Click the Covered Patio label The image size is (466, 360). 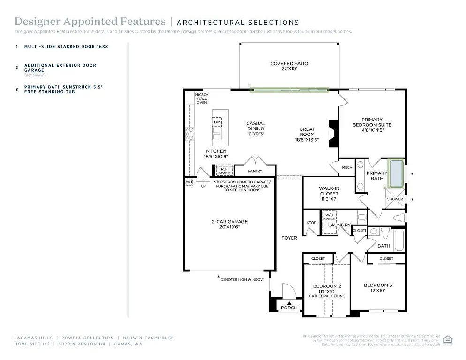pos(289,66)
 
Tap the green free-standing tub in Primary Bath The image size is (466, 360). pos(396,172)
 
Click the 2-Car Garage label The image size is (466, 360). pos(229,225)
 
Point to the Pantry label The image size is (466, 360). pos(255,171)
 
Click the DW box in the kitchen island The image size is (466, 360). pos(217,122)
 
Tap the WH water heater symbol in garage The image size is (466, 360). pos(188,182)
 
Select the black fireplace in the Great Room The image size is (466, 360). pos(333,134)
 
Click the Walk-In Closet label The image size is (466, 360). pos(329,193)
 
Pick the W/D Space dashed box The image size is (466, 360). pos(330,222)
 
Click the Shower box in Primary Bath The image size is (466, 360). pos(395,199)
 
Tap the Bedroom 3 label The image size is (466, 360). pos(378,287)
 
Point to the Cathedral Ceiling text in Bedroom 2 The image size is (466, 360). pos(327,296)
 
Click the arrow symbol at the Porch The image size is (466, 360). pos(289,302)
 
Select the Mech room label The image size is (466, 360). pos(347,167)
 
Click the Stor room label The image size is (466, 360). pos(312,223)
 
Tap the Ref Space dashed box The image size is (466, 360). pos(224,171)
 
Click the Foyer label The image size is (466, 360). pos(289,238)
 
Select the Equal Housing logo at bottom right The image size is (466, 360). pos(448,340)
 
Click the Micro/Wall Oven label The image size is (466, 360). pos(202,98)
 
